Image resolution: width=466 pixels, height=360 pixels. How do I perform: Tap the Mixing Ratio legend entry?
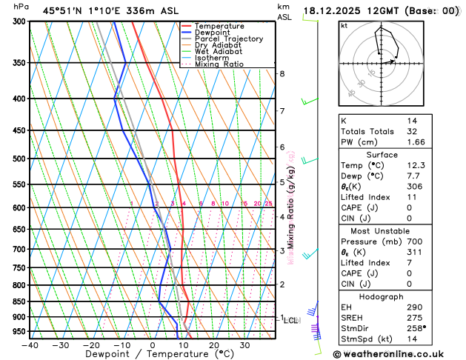(223, 64)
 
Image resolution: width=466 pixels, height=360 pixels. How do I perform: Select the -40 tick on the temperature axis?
(30, 344)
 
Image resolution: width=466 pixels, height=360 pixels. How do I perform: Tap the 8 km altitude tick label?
(282, 73)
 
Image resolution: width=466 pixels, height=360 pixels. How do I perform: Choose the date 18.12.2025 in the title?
(334, 10)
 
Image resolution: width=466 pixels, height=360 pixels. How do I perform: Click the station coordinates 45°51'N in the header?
(62, 10)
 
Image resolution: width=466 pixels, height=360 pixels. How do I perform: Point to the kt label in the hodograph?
(344, 26)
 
